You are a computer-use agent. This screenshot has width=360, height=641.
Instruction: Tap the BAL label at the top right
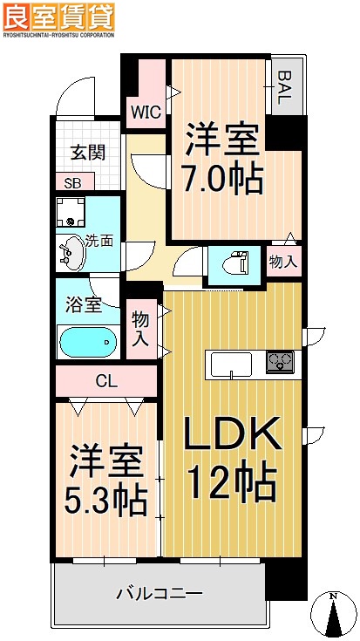click(x=285, y=87)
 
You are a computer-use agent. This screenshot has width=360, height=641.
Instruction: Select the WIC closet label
click(x=145, y=111)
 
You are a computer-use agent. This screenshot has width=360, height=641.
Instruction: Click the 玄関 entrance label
click(x=87, y=153)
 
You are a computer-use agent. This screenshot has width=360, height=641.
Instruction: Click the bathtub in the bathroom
click(x=87, y=343)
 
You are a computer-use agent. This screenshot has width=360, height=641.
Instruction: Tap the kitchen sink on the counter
click(x=231, y=361)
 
